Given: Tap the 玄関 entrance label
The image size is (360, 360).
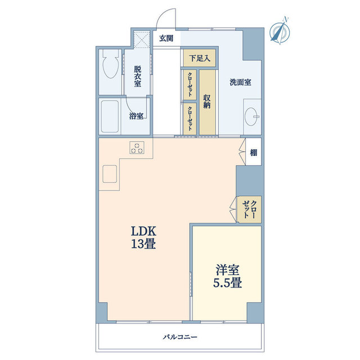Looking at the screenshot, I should (166, 39).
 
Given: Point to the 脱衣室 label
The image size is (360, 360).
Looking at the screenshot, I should (137, 76).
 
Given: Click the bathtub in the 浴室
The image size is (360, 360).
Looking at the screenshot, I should (109, 116).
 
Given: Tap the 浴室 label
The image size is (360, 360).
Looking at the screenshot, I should (136, 116).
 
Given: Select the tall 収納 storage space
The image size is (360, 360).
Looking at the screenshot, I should (208, 101).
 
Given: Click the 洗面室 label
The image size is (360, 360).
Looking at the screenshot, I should (240, 82).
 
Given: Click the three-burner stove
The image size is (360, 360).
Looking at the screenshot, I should (138, 147).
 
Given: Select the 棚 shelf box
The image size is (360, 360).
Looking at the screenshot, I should (254, 152).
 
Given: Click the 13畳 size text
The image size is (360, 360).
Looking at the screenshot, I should (143, 245).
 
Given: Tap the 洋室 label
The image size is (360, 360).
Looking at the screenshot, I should (227, 268).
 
